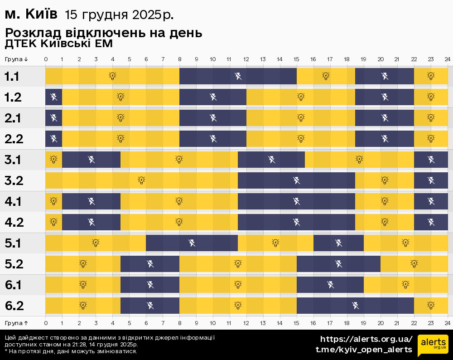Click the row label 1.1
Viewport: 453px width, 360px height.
click(12, 76)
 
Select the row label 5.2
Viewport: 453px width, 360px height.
click(14, 264)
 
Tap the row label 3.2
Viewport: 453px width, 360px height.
click(14, 180)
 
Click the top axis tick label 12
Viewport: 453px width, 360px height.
click(246, 59)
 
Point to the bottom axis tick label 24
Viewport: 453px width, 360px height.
click(447, 322)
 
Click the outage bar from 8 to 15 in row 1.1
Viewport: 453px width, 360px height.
click(238, 76)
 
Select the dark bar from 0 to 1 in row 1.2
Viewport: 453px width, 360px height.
click(53, 97)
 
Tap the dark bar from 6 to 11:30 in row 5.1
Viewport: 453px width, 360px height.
click(192, 243)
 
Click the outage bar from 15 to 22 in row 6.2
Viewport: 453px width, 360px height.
click(355, 306)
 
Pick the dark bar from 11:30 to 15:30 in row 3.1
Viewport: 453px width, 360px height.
click(271, 160)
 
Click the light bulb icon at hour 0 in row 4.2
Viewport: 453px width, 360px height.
click(53, 222)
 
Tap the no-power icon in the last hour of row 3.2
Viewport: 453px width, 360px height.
click(431, 180)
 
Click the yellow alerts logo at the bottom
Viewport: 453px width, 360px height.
click(433, 345)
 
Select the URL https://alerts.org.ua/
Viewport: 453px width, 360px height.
click(366, 339)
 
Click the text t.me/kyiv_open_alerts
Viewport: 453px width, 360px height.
click(364, 350)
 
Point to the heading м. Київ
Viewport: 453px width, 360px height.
click(31, 15)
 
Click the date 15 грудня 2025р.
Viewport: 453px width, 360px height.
click(119, 15)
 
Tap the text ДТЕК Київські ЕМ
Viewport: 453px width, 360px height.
click(58, 44)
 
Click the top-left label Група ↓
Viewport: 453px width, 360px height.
click(16, 59)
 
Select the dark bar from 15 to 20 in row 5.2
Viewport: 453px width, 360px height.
click(338, 264)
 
